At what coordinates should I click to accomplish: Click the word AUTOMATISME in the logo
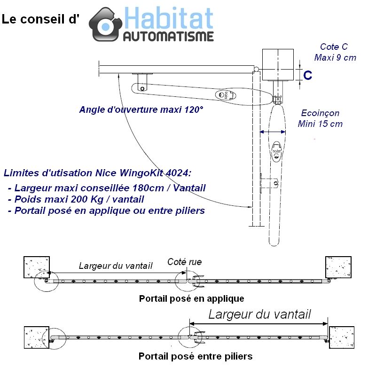[x=169, y=36]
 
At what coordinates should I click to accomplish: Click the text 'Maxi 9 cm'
[x=335, y=58]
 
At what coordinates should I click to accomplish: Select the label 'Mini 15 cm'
[x=320, y=124]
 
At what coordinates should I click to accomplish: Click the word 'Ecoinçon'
[x=320, y=113]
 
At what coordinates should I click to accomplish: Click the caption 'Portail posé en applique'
[x=191, y=298]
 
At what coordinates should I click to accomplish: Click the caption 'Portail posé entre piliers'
[x=195, y=356]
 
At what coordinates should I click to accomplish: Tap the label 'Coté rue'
[x=184, y=262]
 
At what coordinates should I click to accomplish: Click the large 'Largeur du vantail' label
[x=259, y=314]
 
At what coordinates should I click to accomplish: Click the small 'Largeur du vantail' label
[x=116, y=266]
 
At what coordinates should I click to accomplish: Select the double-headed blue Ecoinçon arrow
[x=273, y=133]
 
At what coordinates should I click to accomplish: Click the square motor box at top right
[x=278, y=65]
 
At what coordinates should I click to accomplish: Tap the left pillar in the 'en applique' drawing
[x=37, y=267]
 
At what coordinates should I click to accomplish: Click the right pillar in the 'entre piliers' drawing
[x=341, y=337]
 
